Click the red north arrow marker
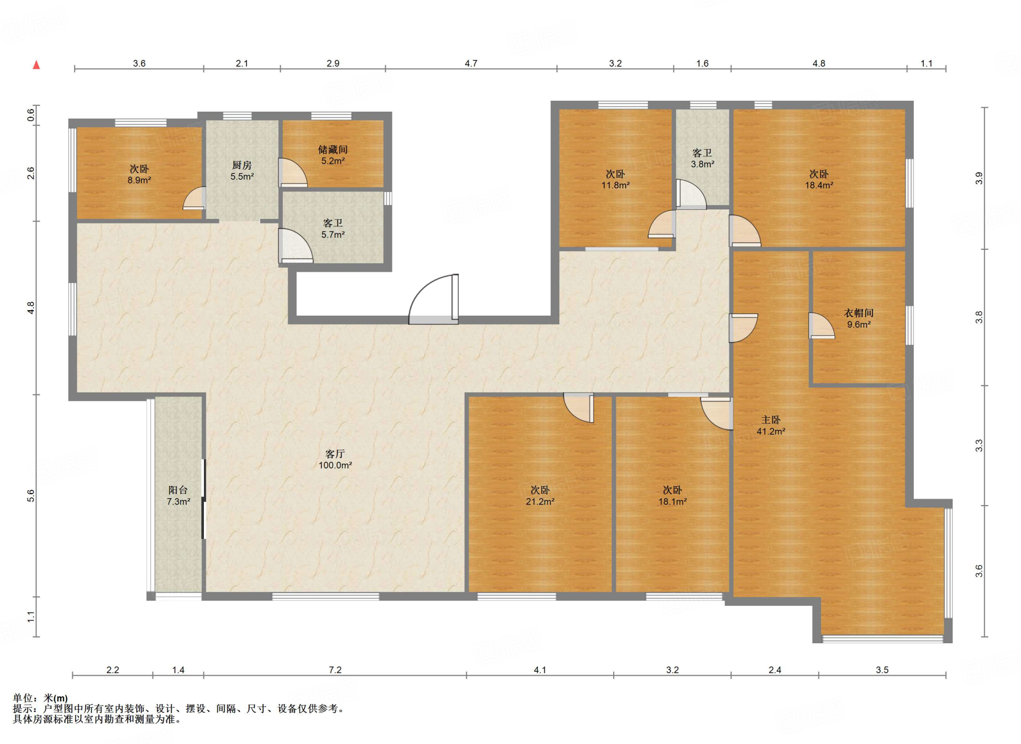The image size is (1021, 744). (36, 65)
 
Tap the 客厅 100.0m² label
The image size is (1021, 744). (335, 459)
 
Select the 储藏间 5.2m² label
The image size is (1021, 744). (333, 155)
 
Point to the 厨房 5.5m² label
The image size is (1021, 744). (242, 171)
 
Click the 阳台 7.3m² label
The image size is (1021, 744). (178, 496)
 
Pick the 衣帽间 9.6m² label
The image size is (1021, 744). (858, 319)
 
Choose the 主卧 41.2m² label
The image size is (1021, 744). (771, 425)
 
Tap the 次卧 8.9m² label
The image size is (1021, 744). (139, 175)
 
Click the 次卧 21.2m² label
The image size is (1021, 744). (540, 496)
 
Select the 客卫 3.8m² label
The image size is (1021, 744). (702, 158)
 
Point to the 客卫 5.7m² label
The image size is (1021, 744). (333, 228)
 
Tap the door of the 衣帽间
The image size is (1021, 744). (822, 326)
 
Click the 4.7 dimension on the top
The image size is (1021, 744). (471, 63)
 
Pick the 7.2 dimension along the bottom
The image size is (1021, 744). (335, 670)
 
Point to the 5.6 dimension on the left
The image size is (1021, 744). (31, 495)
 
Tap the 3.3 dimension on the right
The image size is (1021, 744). (979, 445)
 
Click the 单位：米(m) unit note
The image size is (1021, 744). (40, 698)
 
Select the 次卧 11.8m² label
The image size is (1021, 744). (615, 180)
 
